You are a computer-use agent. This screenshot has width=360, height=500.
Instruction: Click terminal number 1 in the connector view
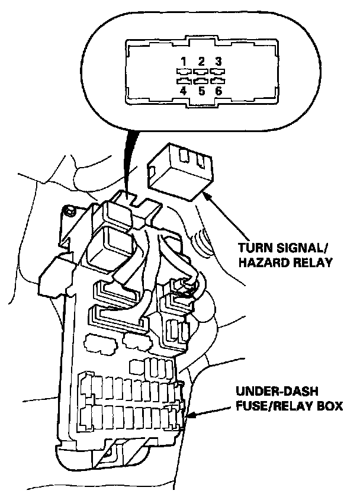tap(184, 61)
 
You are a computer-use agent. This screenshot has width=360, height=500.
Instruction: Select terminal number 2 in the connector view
tap(201, 61)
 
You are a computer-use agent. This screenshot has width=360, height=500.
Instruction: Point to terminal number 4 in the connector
tap(184, 91)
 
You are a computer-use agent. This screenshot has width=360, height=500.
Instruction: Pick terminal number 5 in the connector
tap(201, 91)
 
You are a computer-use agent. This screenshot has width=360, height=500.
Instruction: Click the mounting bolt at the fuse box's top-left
tap(70, 210)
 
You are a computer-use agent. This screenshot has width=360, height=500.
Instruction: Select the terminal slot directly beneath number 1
tap(184, 71)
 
